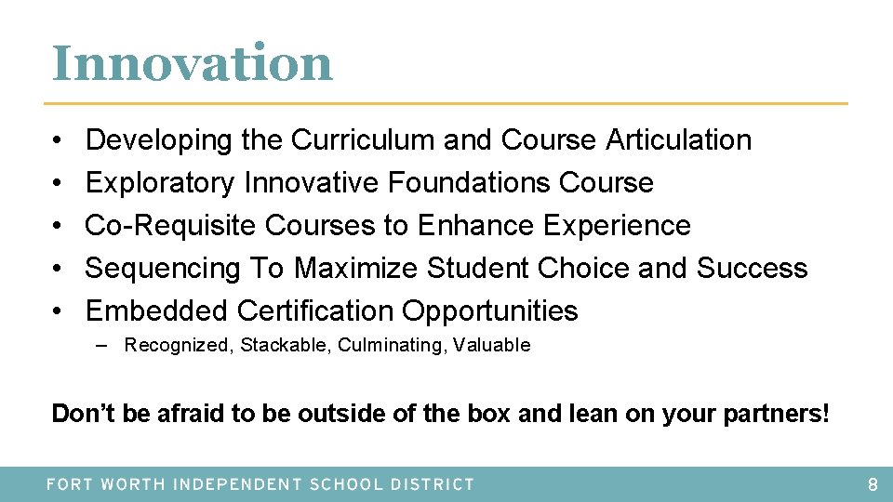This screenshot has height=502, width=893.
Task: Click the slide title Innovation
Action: [192, 64]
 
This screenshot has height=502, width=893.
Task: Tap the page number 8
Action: [873, 484]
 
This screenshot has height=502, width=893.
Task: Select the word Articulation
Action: [678, 140]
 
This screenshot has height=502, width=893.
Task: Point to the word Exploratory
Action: [159, 183]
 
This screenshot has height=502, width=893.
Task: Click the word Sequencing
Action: [163, 269]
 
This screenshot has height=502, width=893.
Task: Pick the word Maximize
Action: [356, 269]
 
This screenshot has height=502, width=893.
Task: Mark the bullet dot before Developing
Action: [58, 141]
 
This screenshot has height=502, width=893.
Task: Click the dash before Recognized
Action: [102, 345]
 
